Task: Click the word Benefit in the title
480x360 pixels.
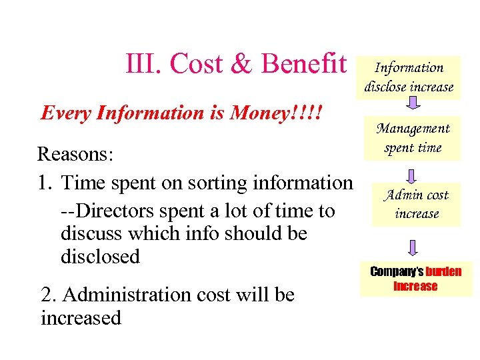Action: [304, 64]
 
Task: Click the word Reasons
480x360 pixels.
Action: [76, 154]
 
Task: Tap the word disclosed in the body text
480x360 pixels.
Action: [100, 257]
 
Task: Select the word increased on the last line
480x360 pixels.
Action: [81, 318]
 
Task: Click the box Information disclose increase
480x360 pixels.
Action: [409, 77]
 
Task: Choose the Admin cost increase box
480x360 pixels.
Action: [416, 204]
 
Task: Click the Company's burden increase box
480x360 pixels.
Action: [415, 279]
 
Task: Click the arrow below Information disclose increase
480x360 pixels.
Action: [413, 103]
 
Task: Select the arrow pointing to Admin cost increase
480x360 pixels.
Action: [413, 176]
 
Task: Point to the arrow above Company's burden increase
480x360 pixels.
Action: [413, 247]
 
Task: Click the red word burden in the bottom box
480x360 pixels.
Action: [443, 272]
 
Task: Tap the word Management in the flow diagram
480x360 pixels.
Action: [413, 129]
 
